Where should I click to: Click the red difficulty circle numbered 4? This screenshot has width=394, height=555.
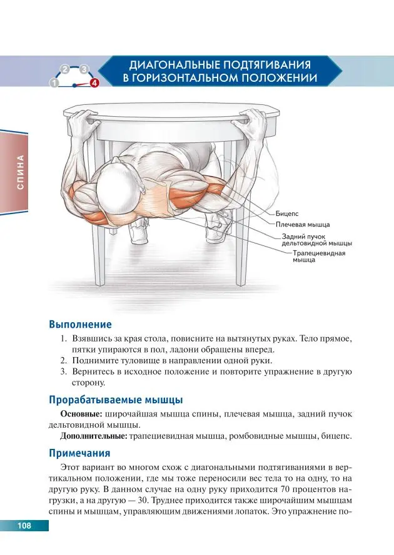[94, 82]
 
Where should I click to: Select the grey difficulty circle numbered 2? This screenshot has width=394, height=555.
[64, 68]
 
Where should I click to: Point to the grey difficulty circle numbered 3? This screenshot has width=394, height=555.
[85, 68]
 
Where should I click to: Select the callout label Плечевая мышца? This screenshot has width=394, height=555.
[303, 223]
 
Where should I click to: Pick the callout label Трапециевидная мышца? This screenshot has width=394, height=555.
[318, 257]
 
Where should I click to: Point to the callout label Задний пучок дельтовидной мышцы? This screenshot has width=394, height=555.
[316, 240]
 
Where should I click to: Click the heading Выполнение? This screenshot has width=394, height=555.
[80, 325]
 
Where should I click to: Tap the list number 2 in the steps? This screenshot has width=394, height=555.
[63, 361]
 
